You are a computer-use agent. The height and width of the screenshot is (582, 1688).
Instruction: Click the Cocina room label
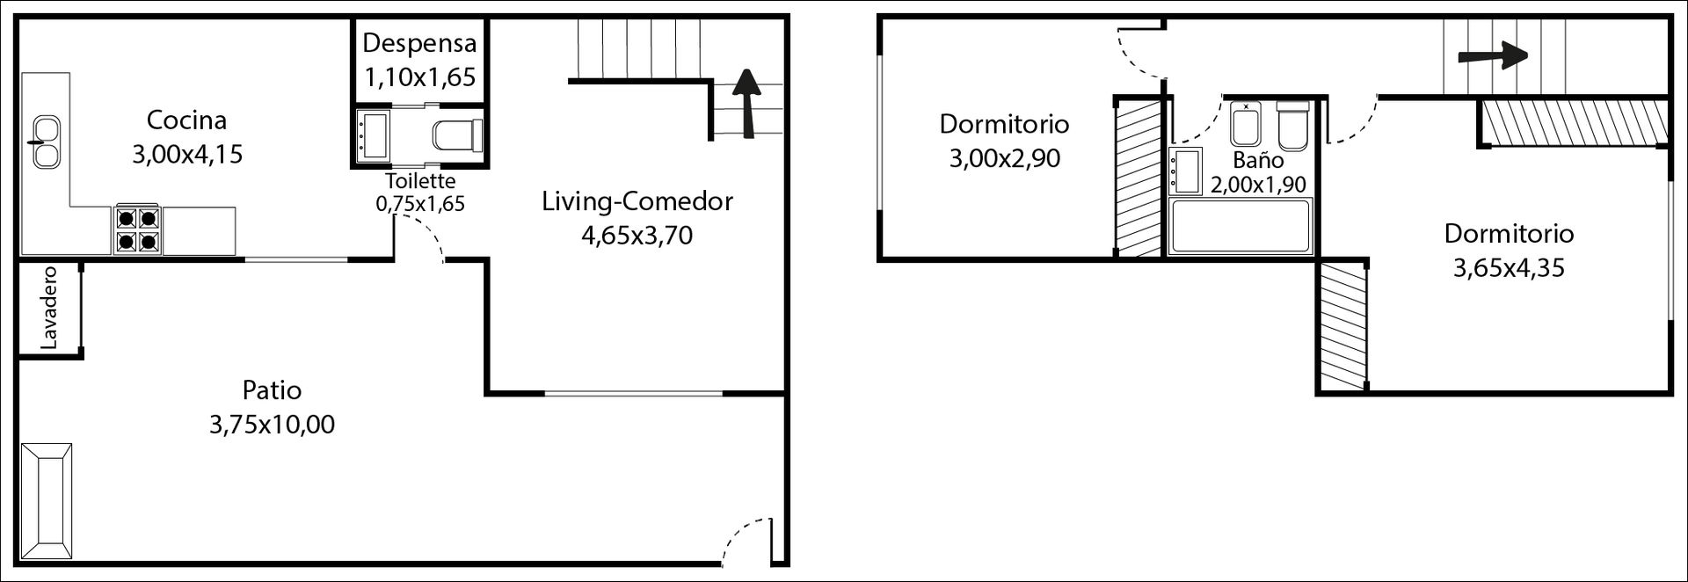[x=186, y=120]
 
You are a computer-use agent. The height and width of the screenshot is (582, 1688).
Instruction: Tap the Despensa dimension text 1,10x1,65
[x=419, y=77]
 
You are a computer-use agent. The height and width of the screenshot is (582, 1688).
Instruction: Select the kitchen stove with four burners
[x=137, y=229]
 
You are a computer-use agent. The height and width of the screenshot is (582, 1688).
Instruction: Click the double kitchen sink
[x=44, y=142]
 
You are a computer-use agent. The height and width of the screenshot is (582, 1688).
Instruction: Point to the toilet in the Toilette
[x=458, y=135]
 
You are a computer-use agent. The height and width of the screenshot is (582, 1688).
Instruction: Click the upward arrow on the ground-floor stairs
[x=746, y=103]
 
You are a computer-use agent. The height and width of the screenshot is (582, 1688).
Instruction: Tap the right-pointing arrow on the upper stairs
[x=1492, y=56]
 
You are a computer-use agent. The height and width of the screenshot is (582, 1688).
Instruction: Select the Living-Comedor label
[x=637, y=201]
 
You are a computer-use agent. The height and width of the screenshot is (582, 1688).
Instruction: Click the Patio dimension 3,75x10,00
[x=272, y=425]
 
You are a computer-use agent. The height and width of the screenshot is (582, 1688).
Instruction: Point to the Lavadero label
[x=49, y=308]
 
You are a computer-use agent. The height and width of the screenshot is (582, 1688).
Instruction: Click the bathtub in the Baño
[x=1241, y=227]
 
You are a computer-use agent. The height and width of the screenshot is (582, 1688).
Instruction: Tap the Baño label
[x=1258, y=160]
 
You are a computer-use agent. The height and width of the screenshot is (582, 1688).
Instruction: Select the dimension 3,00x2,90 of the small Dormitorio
[x=1004, y=158]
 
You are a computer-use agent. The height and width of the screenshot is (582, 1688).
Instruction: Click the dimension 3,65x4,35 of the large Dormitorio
[x=1509, y=268]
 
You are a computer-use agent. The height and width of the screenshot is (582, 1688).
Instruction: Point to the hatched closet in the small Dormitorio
[x=1139, y=178]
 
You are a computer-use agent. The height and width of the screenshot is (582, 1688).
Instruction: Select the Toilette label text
[x=420, y=181]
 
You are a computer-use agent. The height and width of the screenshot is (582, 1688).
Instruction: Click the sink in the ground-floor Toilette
[x=375, y=135]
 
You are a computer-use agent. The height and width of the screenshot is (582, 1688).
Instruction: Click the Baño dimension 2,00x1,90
[x=1258, y=185]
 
